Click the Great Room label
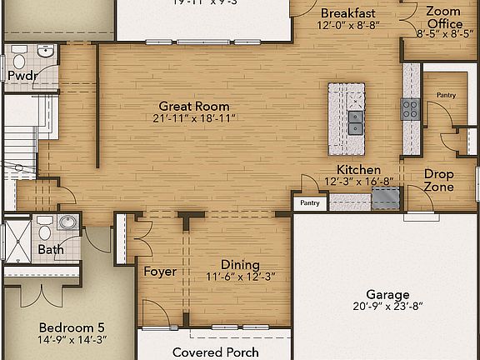click(x=194, y=107)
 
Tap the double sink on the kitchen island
click(x=356, y=122)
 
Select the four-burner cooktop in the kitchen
click(x=410, y=108)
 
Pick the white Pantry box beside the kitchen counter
click(x=308, y=202)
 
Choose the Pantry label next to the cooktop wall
click(x=447, y=95)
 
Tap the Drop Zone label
click(x=439, y=181)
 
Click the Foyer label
click(x=159, y=272)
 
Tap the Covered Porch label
click(x=215, y=352)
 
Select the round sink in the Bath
click(x=67, y=222)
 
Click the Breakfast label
click(x=347, y=13)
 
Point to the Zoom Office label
click(x=443, y=17)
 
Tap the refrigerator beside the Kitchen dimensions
click(x=384, y=197)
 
